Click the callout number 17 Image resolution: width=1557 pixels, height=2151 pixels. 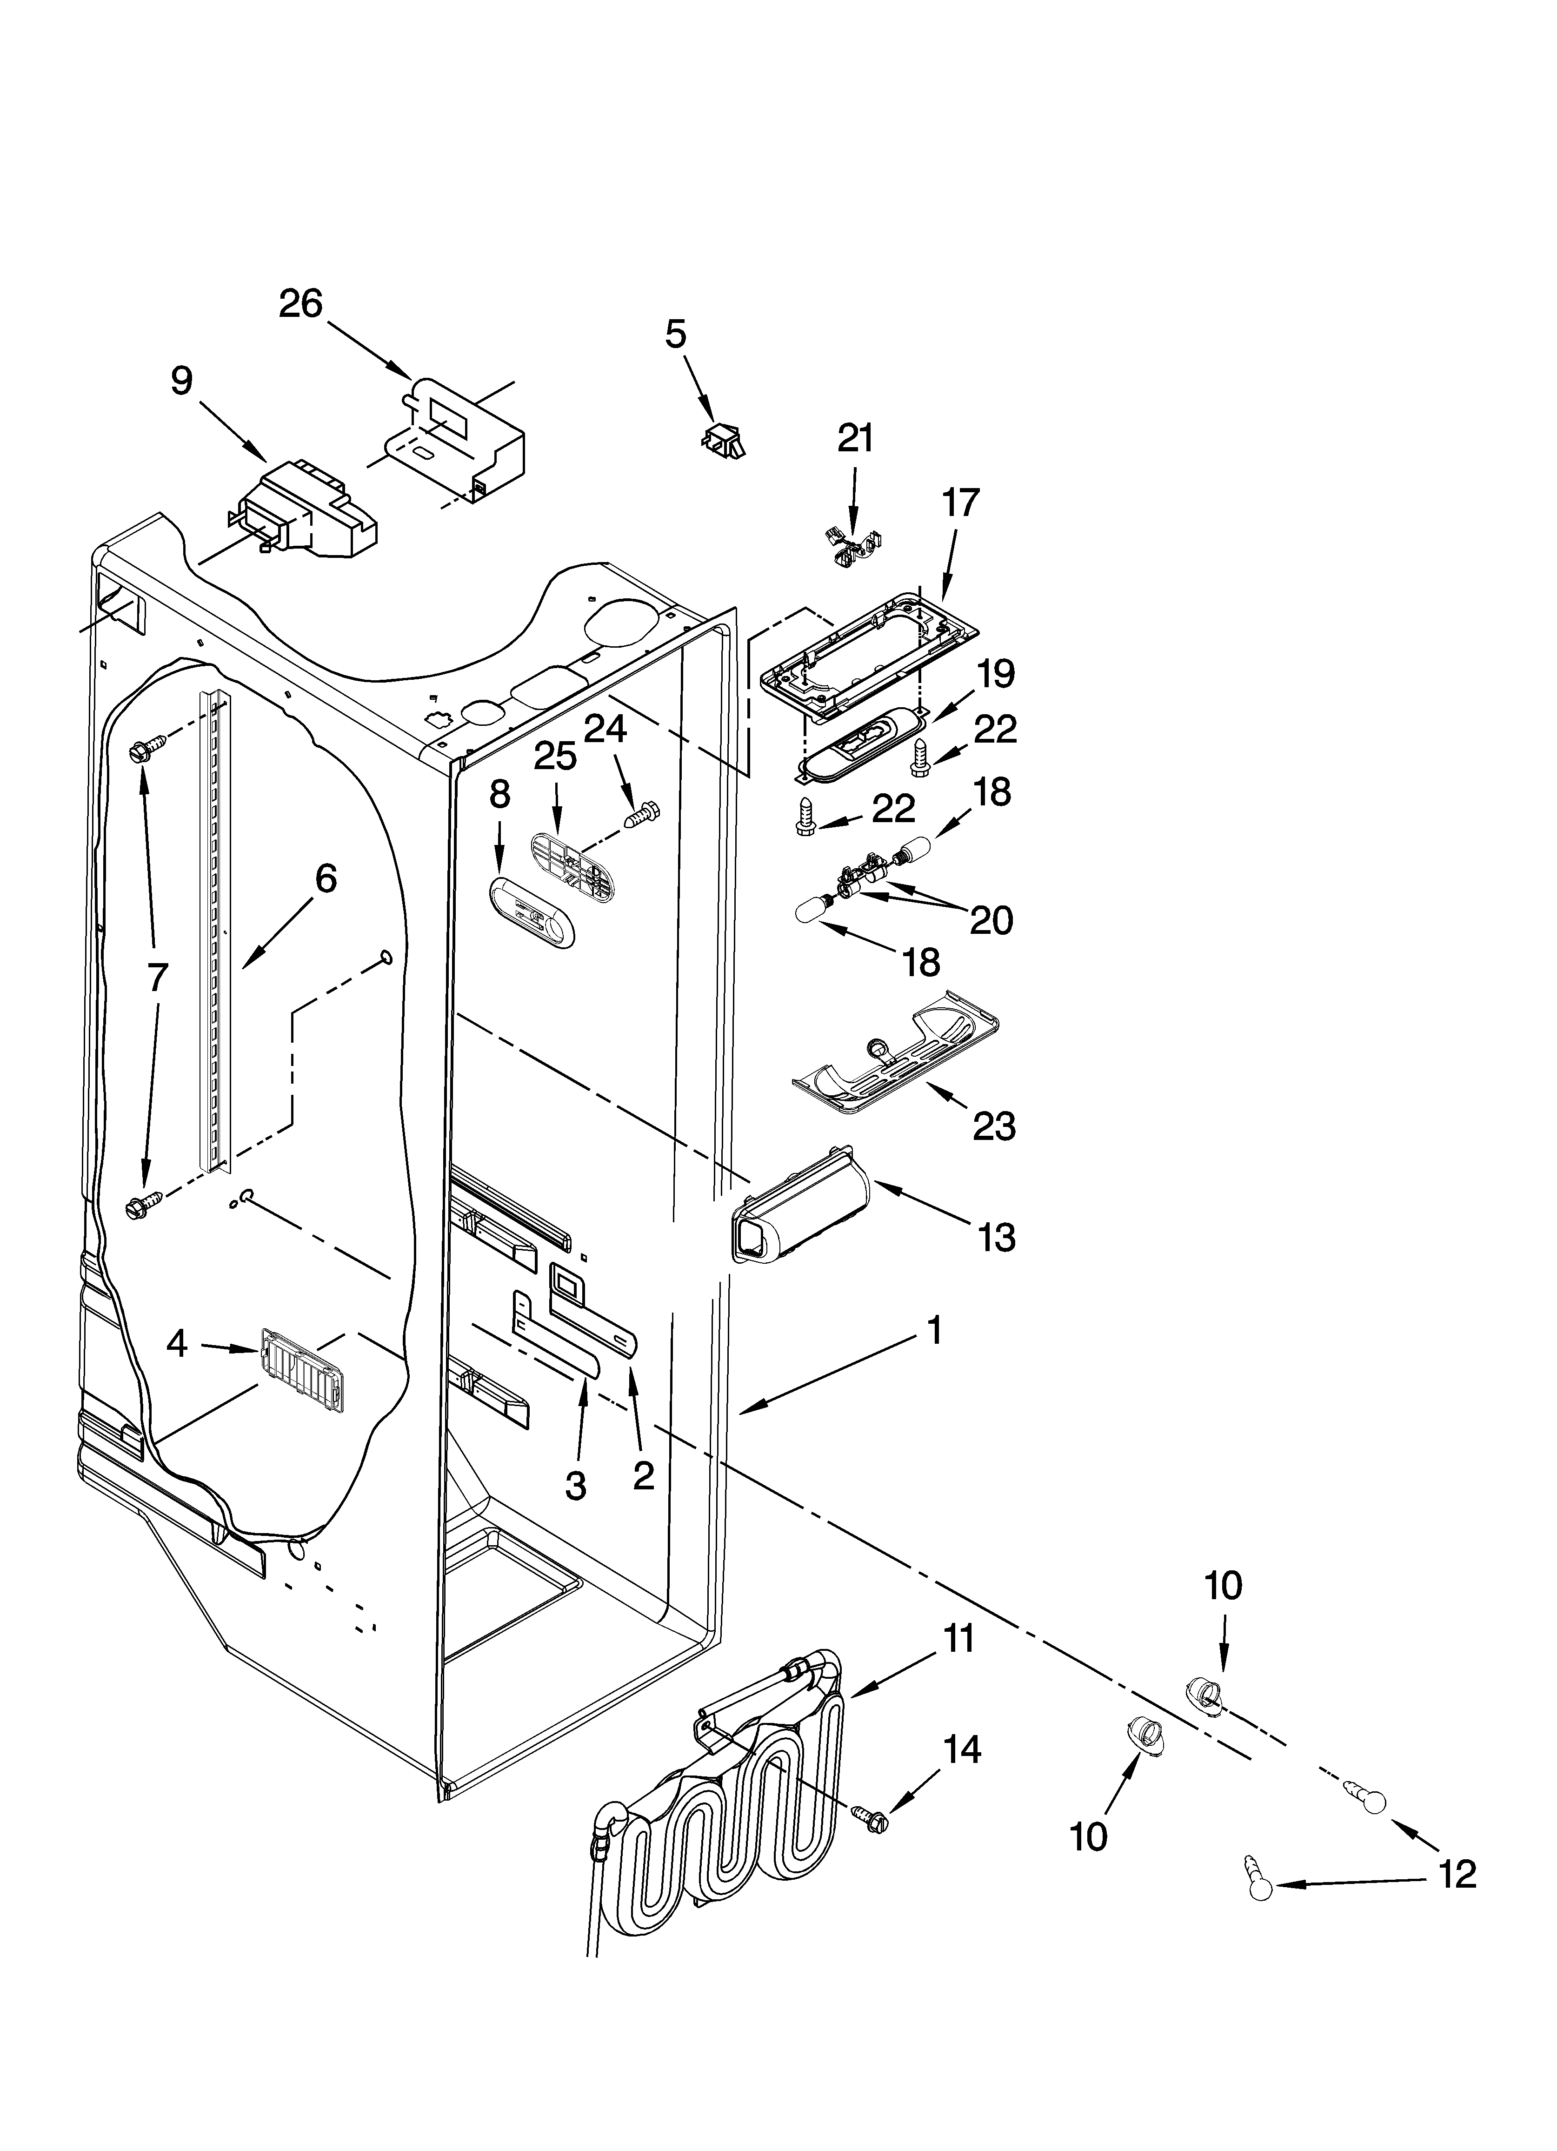960,503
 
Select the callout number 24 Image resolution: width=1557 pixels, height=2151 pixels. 605,728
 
